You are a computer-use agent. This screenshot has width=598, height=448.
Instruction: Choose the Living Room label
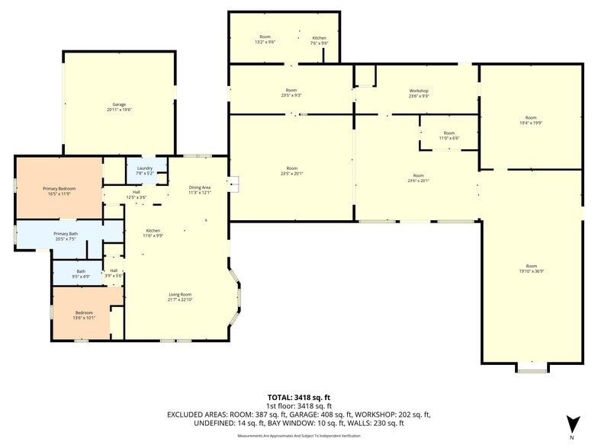(x=180, y=296)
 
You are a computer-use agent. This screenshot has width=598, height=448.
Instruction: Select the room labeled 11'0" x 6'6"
(x=448, y=136)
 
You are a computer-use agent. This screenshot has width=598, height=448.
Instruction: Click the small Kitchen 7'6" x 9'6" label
(x=320, y=40)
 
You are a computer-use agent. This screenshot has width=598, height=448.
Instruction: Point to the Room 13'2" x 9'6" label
(x=265, y=40)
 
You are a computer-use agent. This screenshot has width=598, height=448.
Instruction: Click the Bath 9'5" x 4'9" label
(x=81, y=274)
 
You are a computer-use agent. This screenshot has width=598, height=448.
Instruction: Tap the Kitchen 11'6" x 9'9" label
(x=153, y=232)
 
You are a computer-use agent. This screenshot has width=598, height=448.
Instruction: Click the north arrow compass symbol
(x=571, y=425)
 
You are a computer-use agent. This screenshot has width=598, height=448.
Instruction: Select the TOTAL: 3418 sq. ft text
(x=298, y=397)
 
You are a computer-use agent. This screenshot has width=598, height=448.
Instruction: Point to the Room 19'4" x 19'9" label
(x=531, y=120)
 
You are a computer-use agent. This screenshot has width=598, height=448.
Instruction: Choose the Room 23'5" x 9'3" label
(x=291, y=93)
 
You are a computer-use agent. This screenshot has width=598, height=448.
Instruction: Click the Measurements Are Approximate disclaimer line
(x=298, y=435)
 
